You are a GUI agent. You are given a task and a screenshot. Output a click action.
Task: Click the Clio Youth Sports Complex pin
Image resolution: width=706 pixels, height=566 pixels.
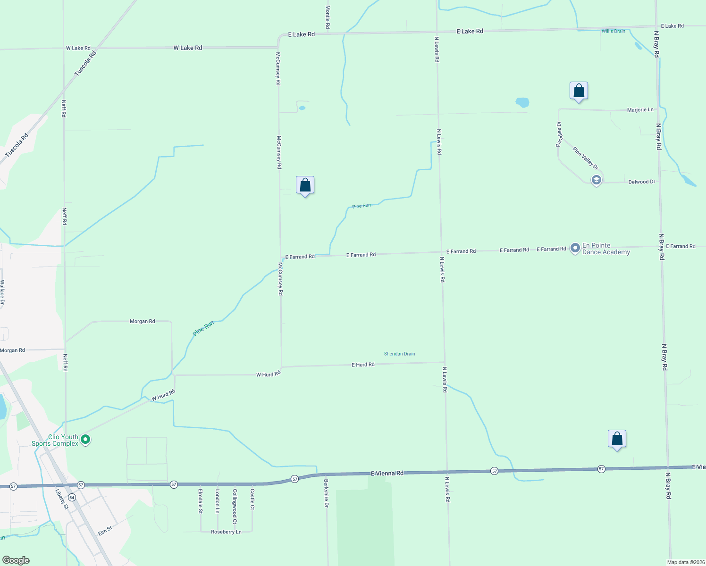coord(85,440)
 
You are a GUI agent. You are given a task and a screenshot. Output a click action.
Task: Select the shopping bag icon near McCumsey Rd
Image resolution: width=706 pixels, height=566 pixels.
coord(305,185)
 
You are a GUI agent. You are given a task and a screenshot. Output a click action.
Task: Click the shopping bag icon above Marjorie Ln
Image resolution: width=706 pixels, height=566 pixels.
coord(579,91)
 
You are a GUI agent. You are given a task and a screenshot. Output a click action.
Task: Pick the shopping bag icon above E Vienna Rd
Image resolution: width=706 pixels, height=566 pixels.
coord(617,439)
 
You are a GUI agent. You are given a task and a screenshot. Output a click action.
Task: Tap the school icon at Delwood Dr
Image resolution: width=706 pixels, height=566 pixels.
coord(597,180)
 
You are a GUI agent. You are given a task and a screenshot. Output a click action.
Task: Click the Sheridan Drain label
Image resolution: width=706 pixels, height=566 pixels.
coord(399,354)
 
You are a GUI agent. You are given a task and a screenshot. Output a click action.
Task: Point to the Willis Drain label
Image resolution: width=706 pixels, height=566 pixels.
coord(613,31)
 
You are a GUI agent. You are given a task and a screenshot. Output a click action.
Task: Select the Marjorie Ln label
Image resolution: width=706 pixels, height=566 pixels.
coord(640,110)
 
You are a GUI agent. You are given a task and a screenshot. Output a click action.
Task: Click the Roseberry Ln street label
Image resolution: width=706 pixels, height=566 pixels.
coord(226,532)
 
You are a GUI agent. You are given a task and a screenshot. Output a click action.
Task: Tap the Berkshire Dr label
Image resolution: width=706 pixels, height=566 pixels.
coord(326,493)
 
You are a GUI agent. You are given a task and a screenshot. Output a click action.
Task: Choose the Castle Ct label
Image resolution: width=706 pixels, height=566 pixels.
coord(252,499)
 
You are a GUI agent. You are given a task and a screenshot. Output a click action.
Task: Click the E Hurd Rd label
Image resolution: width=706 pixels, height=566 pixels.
coord(363,365)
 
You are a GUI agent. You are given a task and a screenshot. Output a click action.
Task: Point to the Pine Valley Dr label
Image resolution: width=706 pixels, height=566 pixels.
coord(585,158)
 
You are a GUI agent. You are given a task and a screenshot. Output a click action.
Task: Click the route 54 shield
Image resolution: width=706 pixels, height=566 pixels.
coord(72,497)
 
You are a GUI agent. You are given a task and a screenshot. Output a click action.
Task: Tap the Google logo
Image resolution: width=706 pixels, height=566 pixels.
coord(16,560)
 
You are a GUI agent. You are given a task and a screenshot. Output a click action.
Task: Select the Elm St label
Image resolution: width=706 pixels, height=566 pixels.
coord(105,531)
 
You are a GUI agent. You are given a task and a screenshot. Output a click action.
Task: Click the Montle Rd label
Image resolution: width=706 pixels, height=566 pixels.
coord(328,17)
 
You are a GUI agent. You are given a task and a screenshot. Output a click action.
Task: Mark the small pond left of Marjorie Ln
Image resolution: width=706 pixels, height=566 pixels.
coord(522,102)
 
